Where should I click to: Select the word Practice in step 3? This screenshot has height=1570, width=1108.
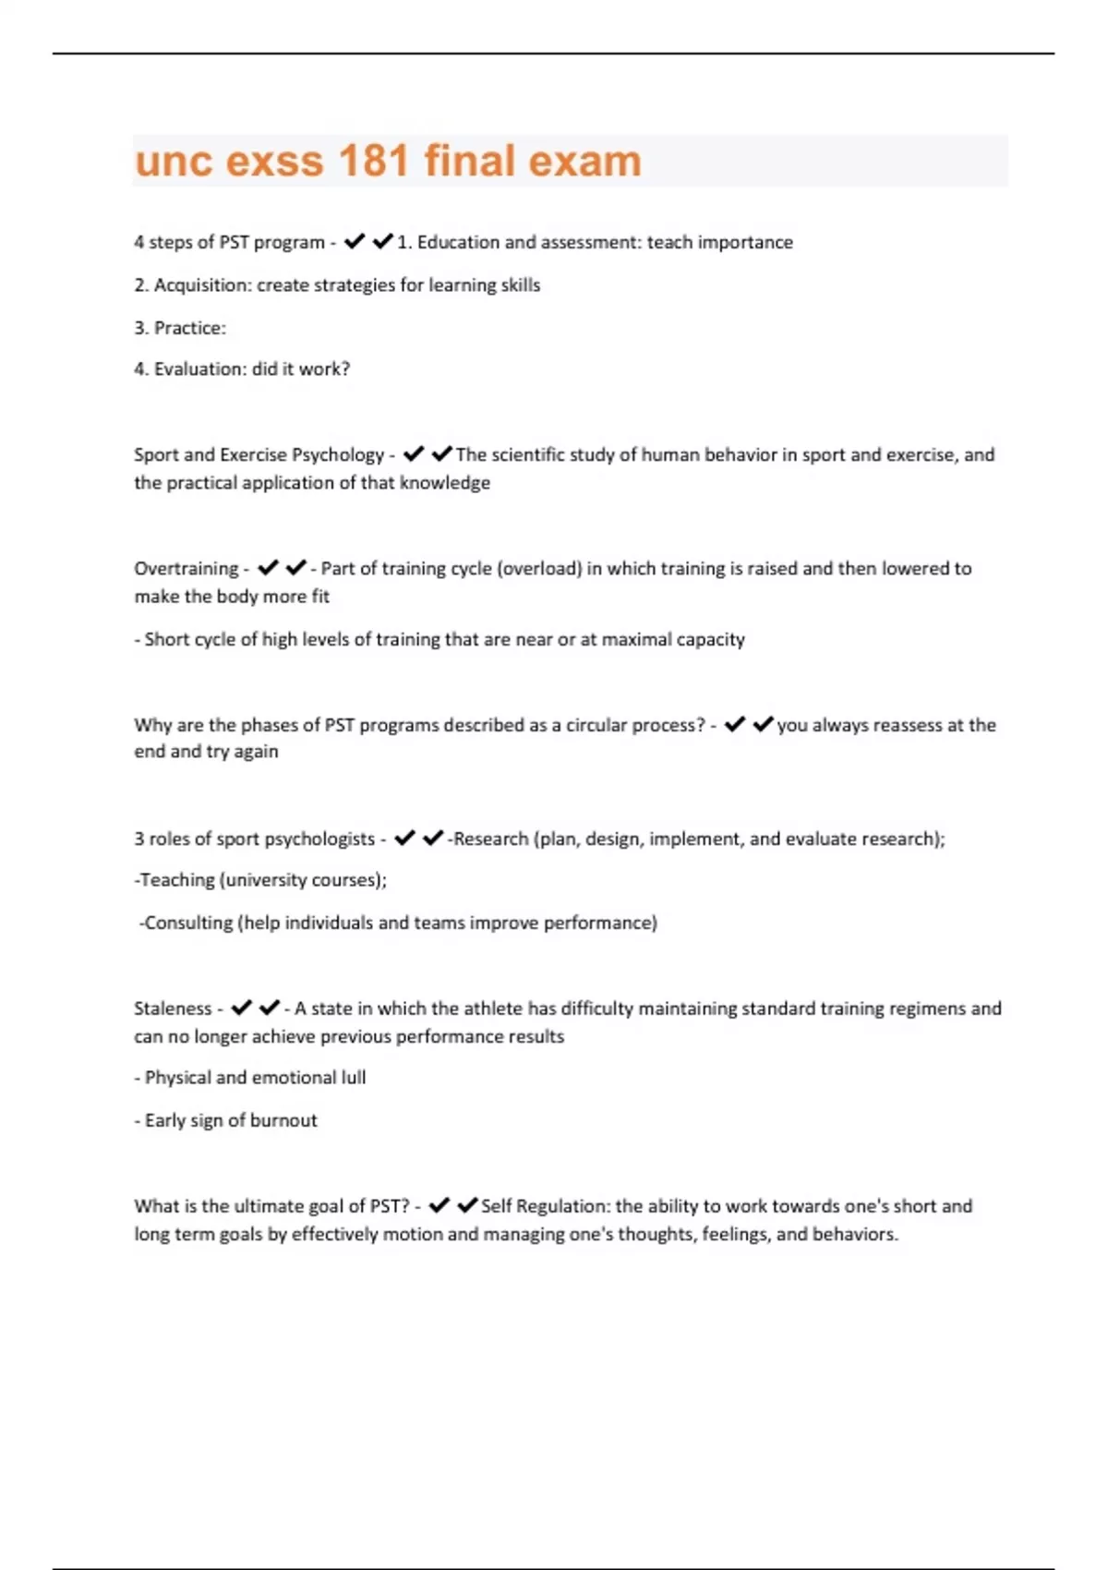[x=189, y=328]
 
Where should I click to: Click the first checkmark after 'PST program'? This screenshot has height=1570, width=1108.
[x=355, y=242]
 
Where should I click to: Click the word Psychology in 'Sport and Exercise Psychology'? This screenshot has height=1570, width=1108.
[x=338, y=454]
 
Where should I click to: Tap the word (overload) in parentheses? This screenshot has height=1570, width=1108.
[x=539, y=569]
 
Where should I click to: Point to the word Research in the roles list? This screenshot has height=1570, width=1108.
[x=491, y=839]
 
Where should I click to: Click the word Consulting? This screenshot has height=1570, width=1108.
[x=188, y=923]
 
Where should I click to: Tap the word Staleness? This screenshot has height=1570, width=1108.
[x=173, y=1008]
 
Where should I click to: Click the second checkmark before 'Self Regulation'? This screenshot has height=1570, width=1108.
[x=467, y=1205]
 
